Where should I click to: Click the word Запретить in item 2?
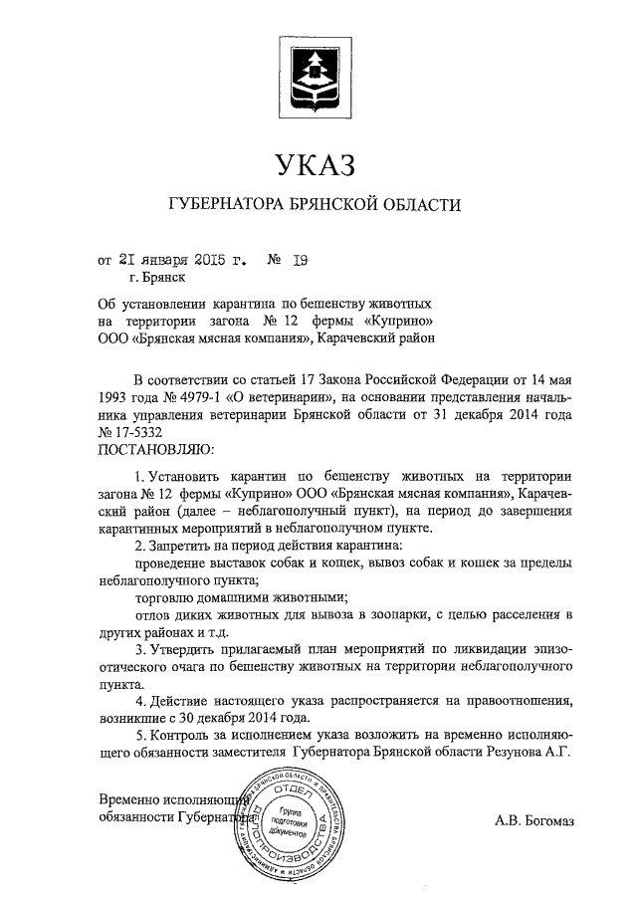click(182, 547)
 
